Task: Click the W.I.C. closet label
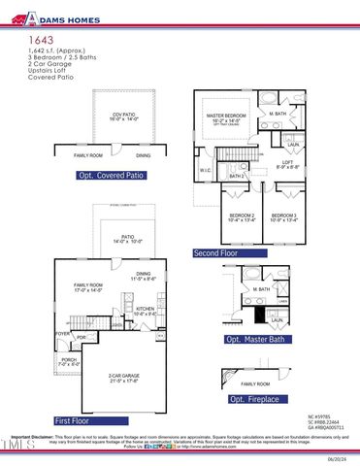pos(206,171)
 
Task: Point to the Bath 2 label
pos(236,176)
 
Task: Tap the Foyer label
pos(62,333)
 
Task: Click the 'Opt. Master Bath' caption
pos(255,340)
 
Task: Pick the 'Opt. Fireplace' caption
pos(255,399)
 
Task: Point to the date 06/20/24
pos(339,459)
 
